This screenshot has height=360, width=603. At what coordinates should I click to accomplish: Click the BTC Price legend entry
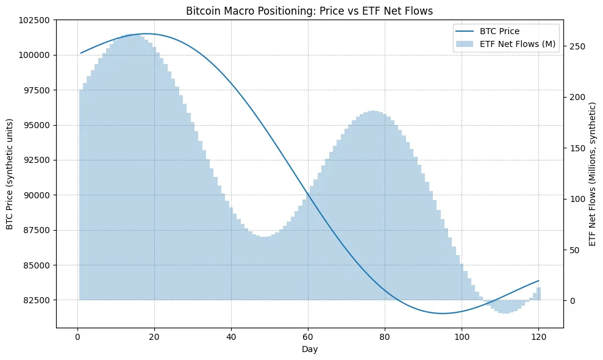[x=499, y=31]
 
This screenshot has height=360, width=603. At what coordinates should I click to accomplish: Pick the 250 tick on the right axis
[x=576, y=46]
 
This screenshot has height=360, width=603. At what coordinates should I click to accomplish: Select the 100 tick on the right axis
[x=576, y=199]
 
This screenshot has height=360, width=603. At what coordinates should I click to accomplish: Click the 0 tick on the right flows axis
[x=572, y=300]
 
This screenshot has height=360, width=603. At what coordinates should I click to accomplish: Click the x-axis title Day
[x=309, y=349]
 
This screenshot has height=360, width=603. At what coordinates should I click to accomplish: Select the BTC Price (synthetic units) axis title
[x=10, y=175]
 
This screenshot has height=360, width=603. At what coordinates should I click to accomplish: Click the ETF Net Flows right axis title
[x=593, y=175]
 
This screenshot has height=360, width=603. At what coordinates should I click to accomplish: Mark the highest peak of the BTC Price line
[x=147, y=34]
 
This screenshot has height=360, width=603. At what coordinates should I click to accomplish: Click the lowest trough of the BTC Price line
[x=443, y=314]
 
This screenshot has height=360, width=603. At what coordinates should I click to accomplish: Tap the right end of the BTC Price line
[x=538, y=281]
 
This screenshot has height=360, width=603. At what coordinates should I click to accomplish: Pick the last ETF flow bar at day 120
[x=538, y=293]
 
